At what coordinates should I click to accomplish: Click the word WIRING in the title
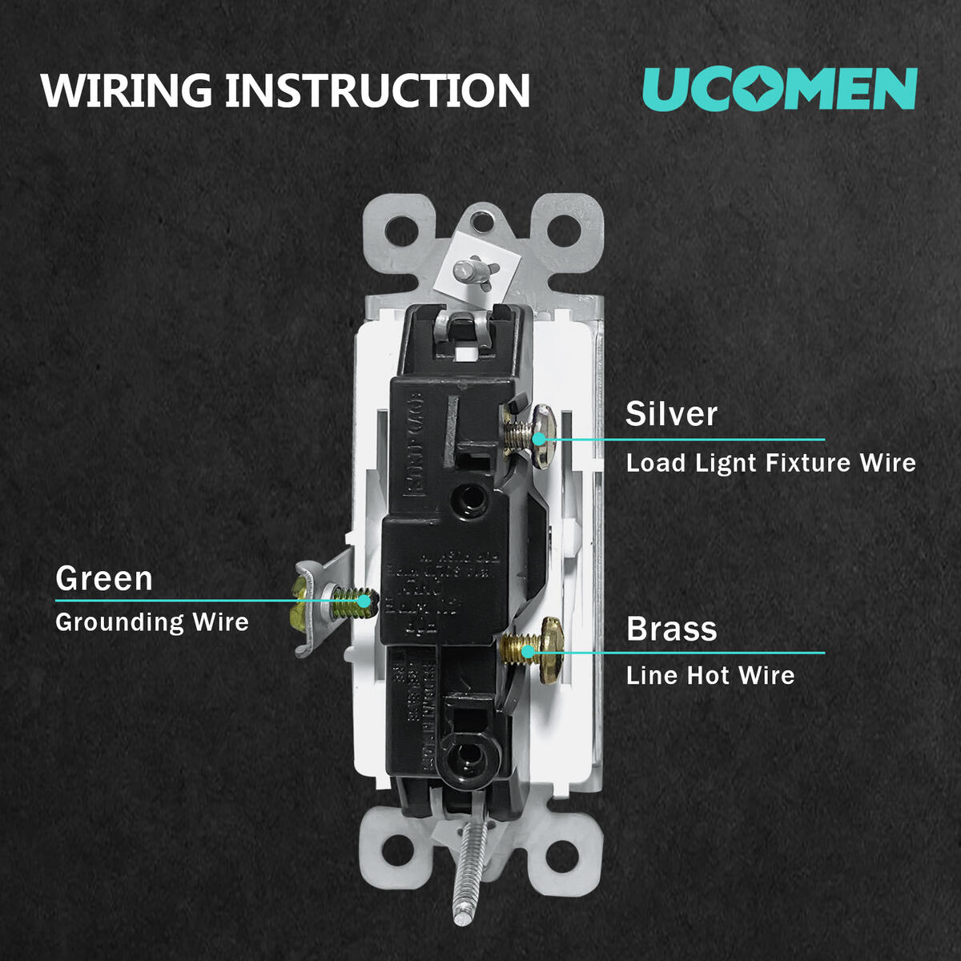[127, 90]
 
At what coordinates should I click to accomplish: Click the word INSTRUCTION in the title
[377, 90]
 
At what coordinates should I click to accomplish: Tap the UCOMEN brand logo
[779, 88]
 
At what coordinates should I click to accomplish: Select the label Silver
[671, 414]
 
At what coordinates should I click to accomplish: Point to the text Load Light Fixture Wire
[770, 463]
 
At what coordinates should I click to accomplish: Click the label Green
[104, 578]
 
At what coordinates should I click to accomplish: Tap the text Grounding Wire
[152, 622]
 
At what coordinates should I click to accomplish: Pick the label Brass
[671, 629]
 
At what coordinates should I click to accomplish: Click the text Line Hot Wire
[710, 675]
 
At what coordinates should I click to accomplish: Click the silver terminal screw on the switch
[529, 430]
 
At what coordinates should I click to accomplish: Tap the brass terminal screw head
[551, 649]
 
